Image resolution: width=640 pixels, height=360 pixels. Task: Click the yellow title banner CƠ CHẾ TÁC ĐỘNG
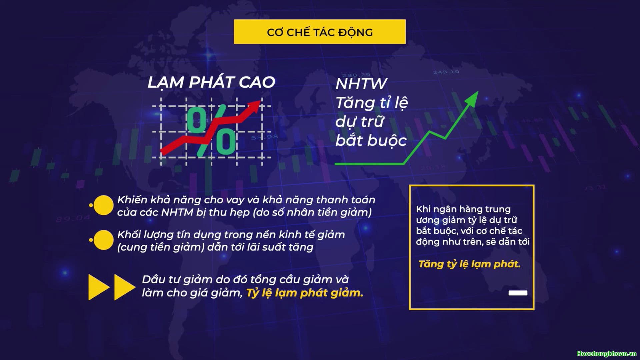(320, 32)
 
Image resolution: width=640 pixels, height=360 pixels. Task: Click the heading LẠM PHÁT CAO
(211, 82)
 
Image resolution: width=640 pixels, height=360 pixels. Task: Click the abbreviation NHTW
(361, 84)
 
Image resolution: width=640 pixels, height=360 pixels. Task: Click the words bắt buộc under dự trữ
(371, 141)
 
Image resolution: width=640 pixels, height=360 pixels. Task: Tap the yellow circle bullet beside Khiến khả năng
(103, 205)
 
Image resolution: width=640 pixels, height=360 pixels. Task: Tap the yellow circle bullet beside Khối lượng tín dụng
(103, 240)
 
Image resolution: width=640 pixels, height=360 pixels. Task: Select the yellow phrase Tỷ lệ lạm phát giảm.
(304, 293)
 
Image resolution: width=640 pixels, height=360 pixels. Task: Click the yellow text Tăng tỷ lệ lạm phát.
(469, 264)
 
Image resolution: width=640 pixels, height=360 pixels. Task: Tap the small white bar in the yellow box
(518, 293)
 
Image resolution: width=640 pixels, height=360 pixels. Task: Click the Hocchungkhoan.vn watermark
(606, 354)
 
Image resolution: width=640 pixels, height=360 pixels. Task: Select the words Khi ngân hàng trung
(463, 209)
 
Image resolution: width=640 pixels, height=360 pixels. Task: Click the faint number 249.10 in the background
(446, 72)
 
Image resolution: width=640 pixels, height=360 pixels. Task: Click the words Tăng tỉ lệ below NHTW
(371, 103)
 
